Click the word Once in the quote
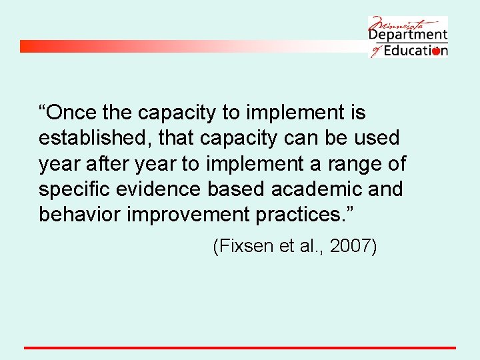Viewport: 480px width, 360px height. click(71, 113)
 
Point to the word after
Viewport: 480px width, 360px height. click(111, 163)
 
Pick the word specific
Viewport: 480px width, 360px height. click(75, 189)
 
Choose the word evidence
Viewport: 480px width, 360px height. click(161, 189)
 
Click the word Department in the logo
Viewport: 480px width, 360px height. click(407, 34)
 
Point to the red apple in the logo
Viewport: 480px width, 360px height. click(435, 51)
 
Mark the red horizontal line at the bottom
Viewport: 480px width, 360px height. click(240, 347)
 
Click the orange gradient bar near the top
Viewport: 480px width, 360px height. click(167, 46)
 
